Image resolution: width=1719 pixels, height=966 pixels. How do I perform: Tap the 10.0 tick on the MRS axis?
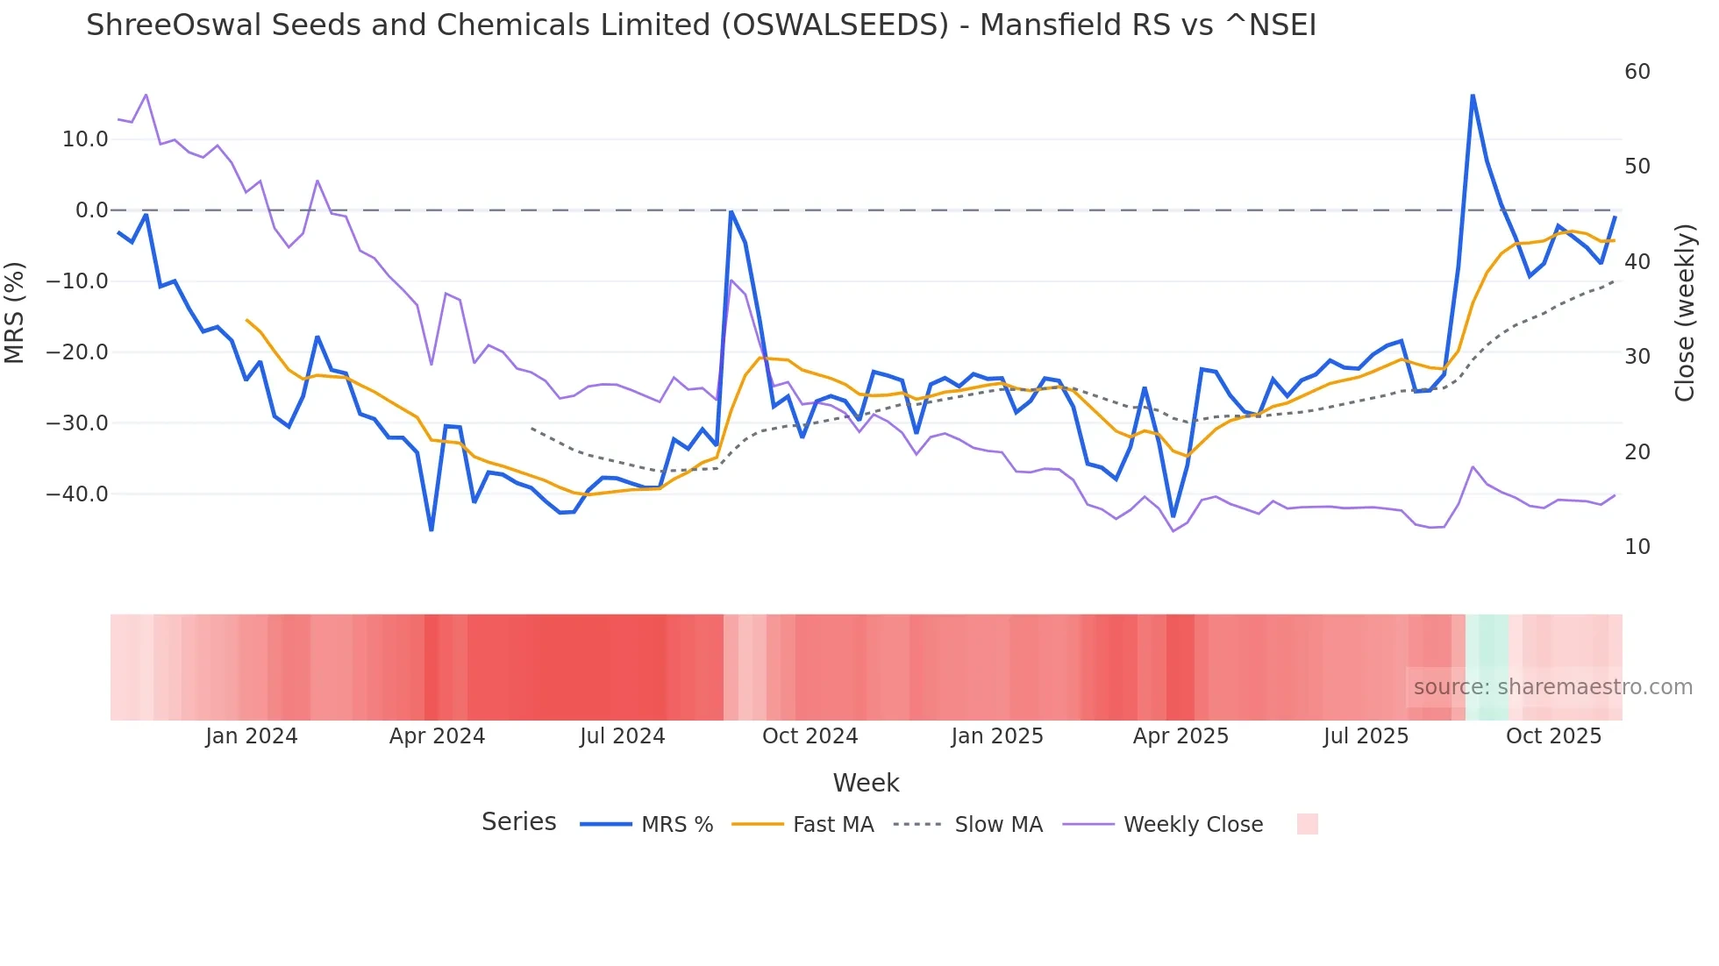[x=85, y=139]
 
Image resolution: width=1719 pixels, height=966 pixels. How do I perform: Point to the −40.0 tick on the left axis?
[x=77, y=494]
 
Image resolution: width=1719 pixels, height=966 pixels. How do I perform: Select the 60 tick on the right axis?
[x=1637, y=71]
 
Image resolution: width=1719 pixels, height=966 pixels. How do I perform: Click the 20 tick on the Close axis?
[x=1637, y=451]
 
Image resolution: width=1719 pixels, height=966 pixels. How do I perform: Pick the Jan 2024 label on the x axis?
[x=252, y=735]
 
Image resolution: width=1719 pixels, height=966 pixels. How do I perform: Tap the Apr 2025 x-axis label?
[x=1180, y=735]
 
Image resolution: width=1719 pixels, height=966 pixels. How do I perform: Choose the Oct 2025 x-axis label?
[x=1553, y=735]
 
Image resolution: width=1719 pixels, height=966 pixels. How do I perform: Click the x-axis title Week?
[x=866, y=782]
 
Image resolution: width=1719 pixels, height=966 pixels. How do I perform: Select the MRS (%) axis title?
[x=15, y=312]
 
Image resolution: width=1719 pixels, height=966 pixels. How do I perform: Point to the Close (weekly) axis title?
[x=1684, y=312]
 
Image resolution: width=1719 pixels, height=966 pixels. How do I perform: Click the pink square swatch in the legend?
[x=1307, y=824]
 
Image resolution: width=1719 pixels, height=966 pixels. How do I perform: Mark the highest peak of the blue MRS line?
[x=1473, y=95]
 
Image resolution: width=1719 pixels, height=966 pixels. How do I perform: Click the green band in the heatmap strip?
[x=1487, y=667]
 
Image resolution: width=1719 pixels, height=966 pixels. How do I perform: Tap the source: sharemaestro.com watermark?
[x=1552, y=686]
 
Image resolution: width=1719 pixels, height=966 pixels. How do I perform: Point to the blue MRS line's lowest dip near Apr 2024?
[x=432, y=529]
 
